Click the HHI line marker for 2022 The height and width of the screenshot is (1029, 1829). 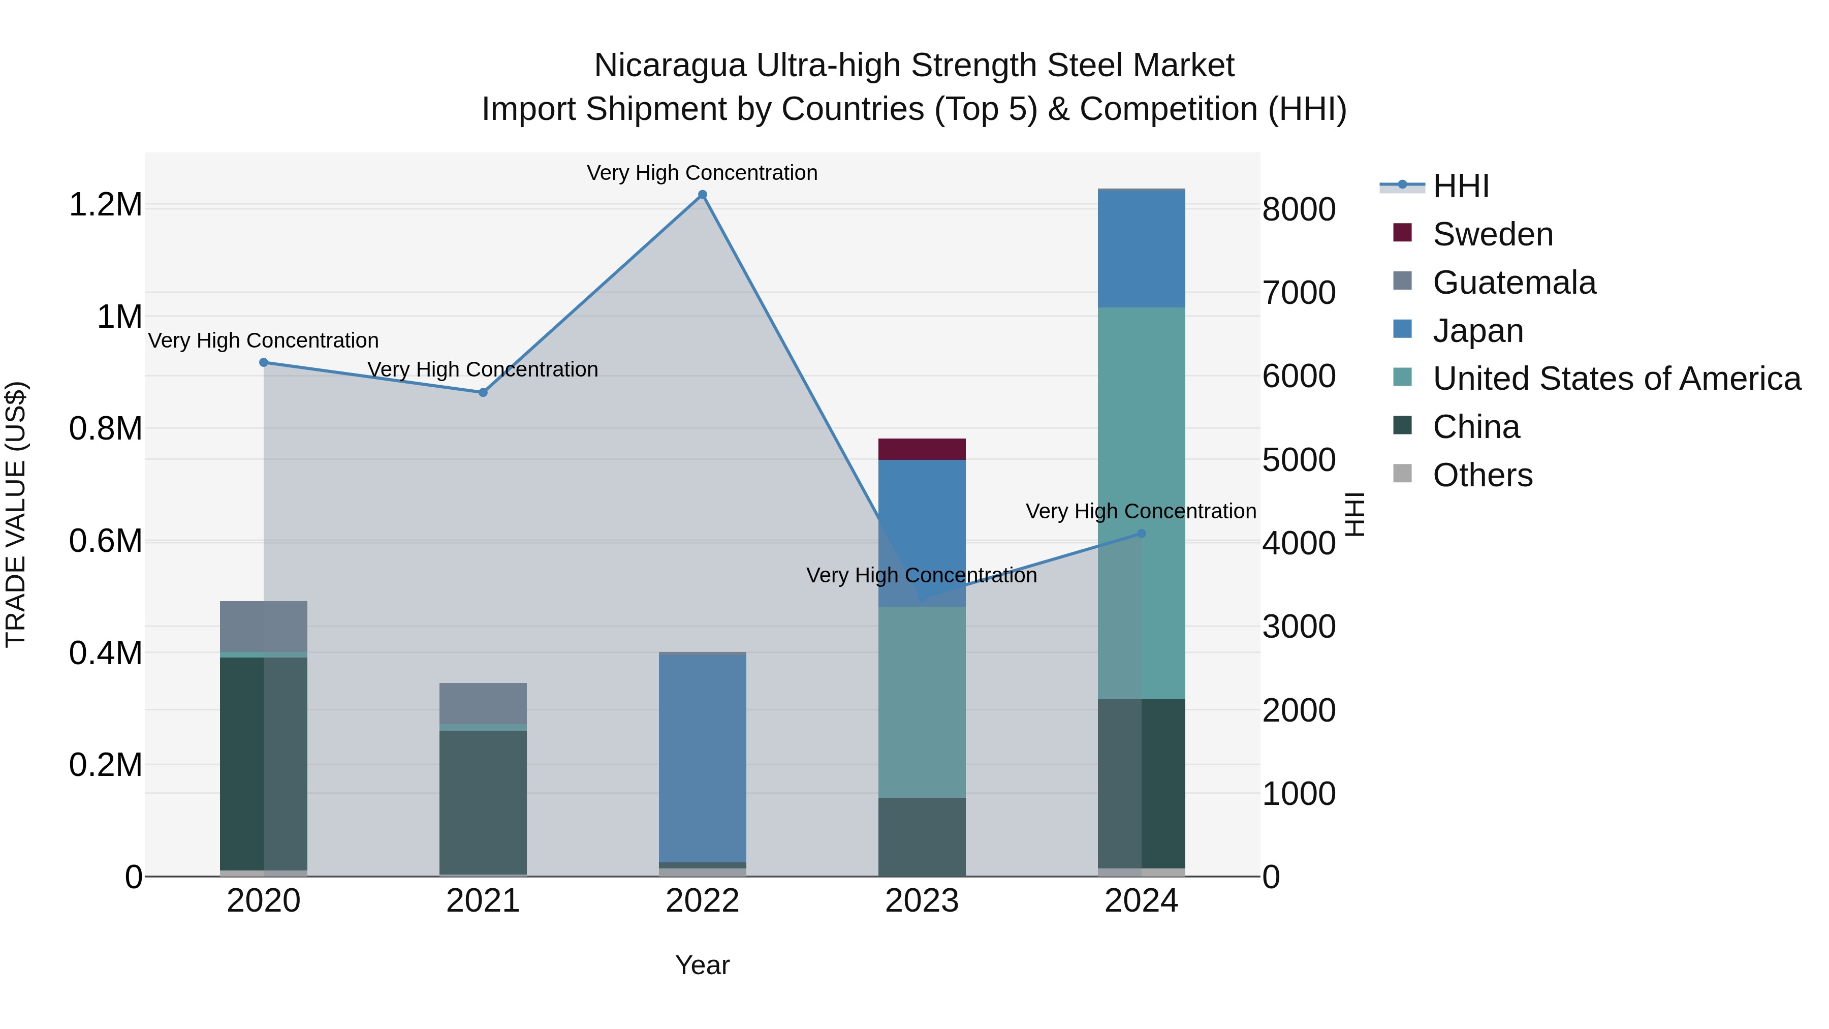point(702,195)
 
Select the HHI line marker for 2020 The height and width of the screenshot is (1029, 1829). point(263,362)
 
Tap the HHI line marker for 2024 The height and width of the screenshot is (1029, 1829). point(1141,534)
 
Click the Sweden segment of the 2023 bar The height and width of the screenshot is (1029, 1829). point(922,449)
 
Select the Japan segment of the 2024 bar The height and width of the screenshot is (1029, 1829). point(1141,248)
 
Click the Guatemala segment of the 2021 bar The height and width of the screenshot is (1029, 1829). point(483,703)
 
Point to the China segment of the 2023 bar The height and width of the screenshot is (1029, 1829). point(922,836)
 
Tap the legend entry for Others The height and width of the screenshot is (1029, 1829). point(1482,475)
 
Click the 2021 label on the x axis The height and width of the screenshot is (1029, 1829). point(483,901)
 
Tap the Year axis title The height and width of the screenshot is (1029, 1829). point(702,965)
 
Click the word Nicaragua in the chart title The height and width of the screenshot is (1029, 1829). point(670,66)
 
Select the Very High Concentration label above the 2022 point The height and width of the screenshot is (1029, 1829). point(702,173)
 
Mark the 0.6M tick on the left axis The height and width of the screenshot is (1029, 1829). point(105,541)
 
